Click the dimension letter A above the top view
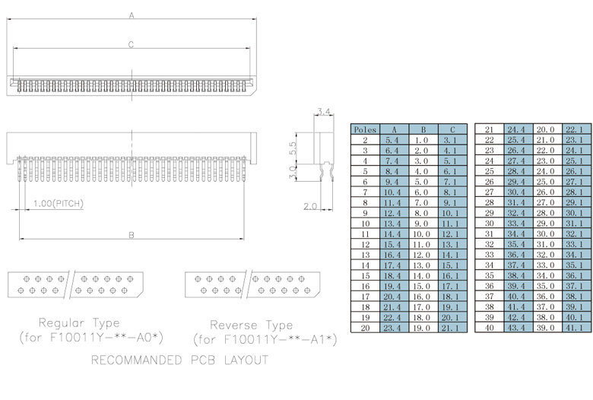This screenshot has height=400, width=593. (132, 15)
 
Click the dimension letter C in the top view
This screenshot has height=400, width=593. (131, 45)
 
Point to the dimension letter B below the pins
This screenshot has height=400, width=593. (131, 235)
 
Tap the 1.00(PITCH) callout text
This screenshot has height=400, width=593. (58, 204)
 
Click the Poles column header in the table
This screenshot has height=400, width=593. (365, 129)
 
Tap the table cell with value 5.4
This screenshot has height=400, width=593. (393, 140)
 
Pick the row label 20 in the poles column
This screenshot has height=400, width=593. (365, 327)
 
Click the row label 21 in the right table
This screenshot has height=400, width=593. (490, 129)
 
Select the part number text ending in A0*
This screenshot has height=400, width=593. (91, 337)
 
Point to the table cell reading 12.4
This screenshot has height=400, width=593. (393, 213)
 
